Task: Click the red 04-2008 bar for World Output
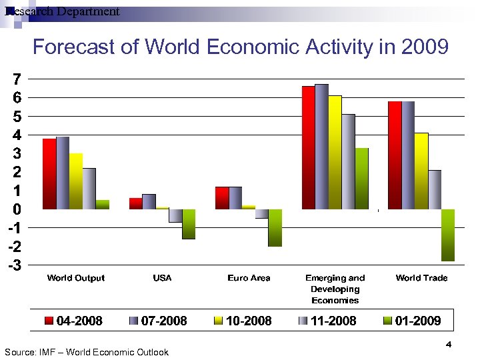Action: click(x=49, y=173)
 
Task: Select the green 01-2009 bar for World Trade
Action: click(x=447, y=235)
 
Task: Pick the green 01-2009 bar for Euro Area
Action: click(x=275, y=227)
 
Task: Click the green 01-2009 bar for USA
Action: click(x=189, y=224)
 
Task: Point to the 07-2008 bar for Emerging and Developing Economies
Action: click(x=321, y=146)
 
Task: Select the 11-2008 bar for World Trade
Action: click(x=434, y=189)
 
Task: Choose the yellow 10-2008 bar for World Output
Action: click(x=75, y=181)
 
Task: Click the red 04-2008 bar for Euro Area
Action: click(x=222, y=197)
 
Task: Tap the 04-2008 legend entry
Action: click(x=73, y=321)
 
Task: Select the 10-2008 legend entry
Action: click(x=242, y=321)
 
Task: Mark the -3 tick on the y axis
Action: click(x=13, y=265)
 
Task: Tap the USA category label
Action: click(x=162, y=278)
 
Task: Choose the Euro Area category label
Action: click(x=249, y=278)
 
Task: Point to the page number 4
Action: click(x=448, y=344)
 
